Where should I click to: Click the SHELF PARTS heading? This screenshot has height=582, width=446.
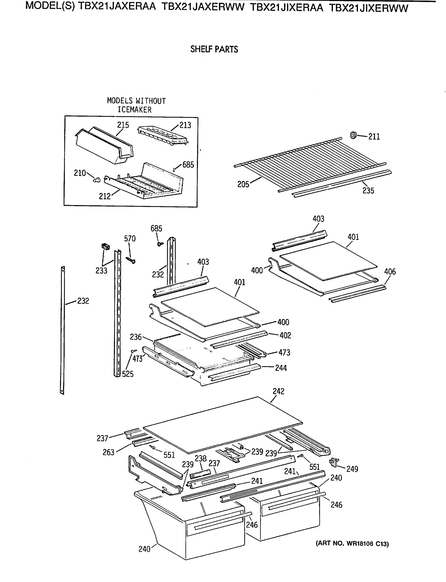[x=214, y=49]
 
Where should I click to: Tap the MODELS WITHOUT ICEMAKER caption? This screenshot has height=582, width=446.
[x=136, y=105]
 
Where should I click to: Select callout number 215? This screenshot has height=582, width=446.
[x=123, y=125]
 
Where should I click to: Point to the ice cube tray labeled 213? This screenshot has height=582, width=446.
[x=162, y=136]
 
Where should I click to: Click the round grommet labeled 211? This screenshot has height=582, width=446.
[x=353, y=135]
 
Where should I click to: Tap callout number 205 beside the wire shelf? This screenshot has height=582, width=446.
[x=243, y=184]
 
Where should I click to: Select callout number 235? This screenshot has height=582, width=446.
[x=368, y=190]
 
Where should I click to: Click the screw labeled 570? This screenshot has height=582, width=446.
[x=131, y=260]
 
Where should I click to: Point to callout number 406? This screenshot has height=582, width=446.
[x=390, y=271]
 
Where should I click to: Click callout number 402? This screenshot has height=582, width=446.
[x=285, y=335]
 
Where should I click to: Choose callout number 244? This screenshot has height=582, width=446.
[x=281, y=368]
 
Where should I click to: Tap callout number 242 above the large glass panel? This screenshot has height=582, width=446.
[x=278, y=391]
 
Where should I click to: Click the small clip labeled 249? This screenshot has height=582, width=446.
[x=334, y=462]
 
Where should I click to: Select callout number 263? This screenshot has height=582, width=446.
[x=108, y=452]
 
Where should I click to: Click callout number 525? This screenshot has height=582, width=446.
[x=128, y=374]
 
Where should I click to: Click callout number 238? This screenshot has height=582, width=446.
[x=200, y=459]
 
